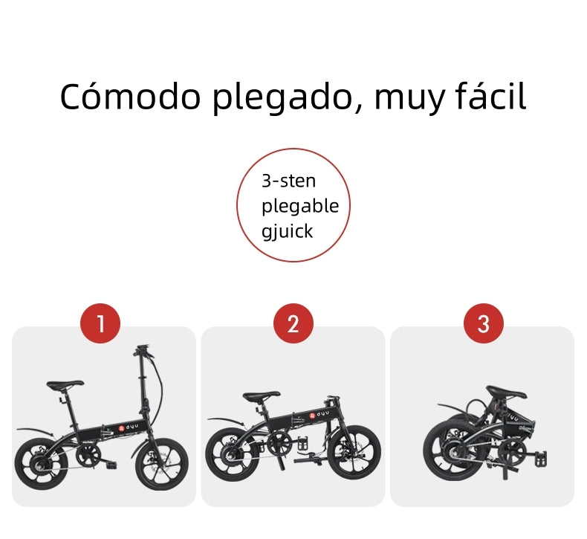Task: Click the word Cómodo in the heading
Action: (x=131, y=97)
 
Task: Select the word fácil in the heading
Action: (x=491, y=96)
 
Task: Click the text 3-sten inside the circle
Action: (x=288, y=181)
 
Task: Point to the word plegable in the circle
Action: (x=300, y=207)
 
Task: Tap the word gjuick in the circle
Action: (x=287, y=231)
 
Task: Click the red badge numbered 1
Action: (x=100, y=323)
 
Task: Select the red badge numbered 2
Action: (x=293, y=323)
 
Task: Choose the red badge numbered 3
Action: (x=483, y=323)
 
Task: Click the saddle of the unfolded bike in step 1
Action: (x=65, y=384)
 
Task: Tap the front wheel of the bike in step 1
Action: (x=162, y=465)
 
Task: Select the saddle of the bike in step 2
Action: (x=262, y=396)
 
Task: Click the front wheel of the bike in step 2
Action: (x=356, y=452)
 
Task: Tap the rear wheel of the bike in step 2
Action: (x=232, y=454)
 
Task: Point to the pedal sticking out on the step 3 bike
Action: (x=541, y=459)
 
